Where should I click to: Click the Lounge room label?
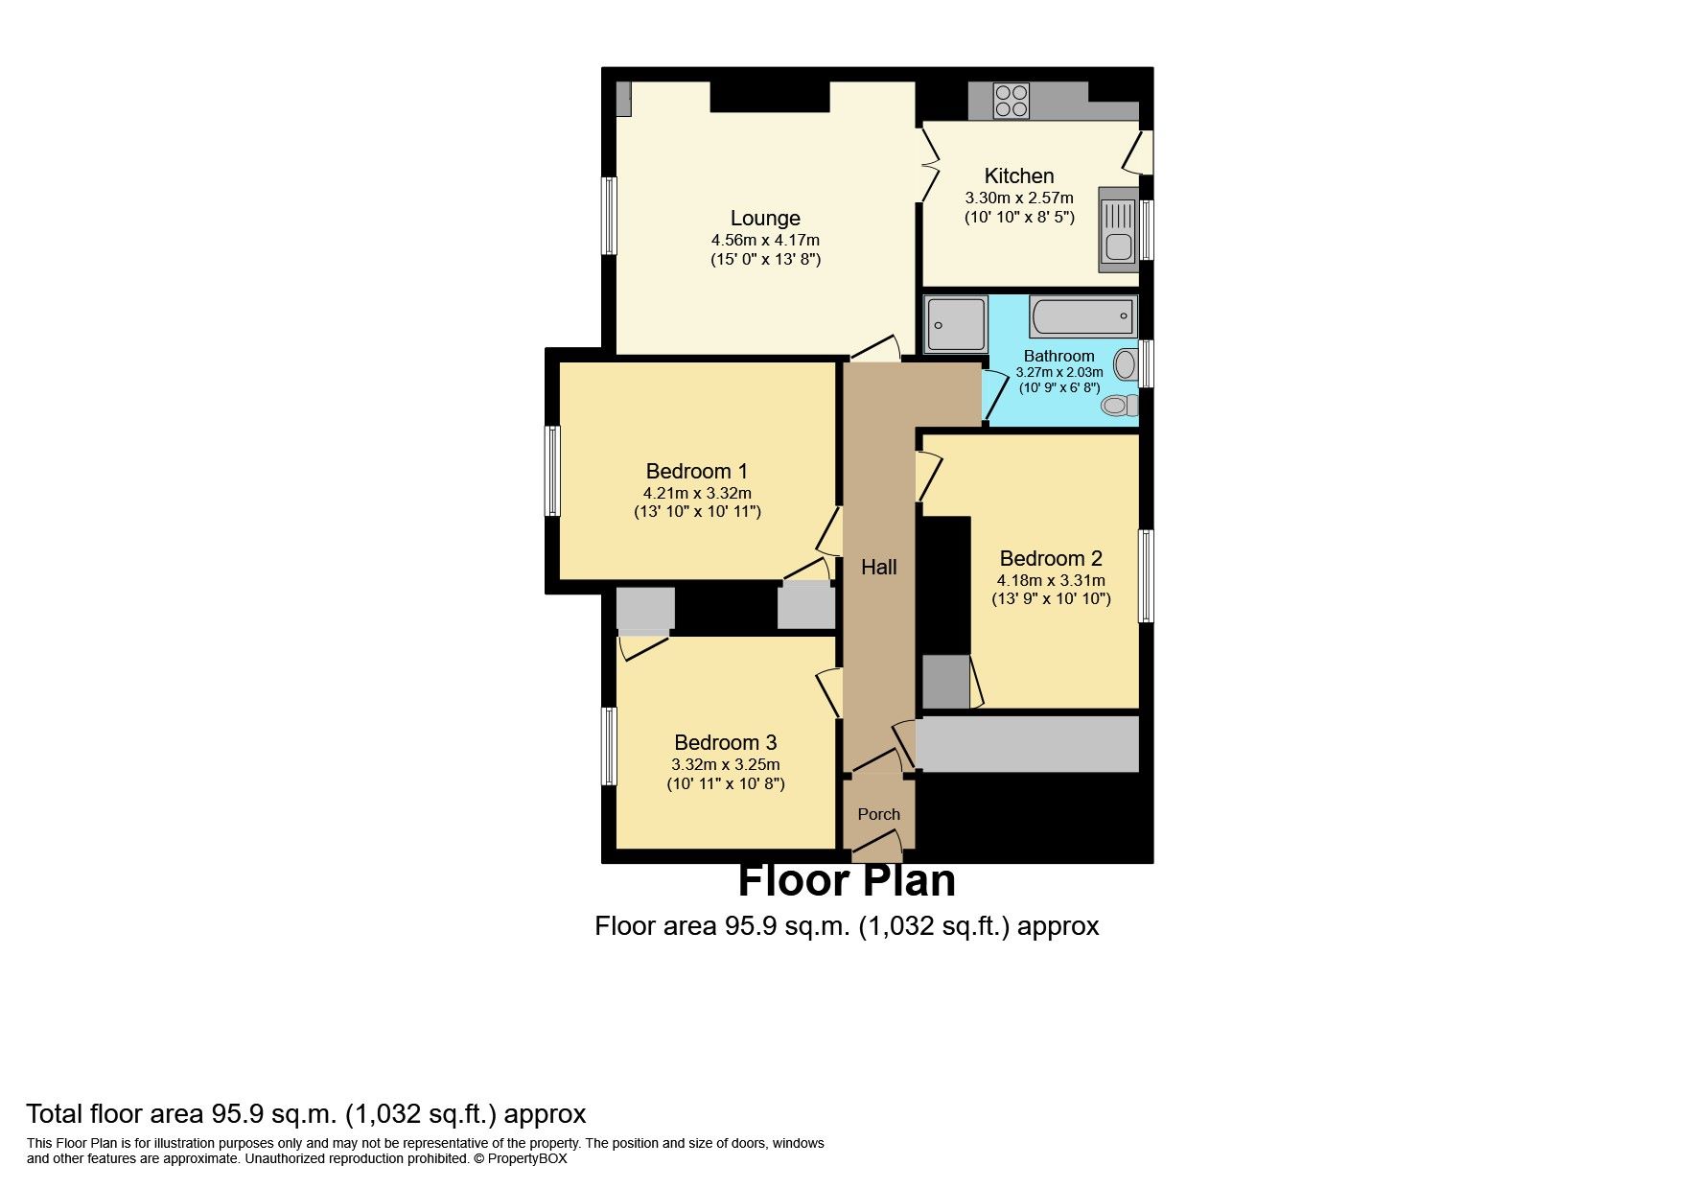[765, 219]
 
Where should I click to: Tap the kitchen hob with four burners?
[1011, 101]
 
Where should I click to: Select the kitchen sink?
[1118, 230]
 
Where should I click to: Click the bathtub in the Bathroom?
[1082, 316]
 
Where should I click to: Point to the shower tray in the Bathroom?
[956, 324]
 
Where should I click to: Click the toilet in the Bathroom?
[1120, 406]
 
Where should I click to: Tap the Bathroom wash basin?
[1127, 364]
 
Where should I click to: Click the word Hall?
[878, 567]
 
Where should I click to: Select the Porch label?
[878, 814]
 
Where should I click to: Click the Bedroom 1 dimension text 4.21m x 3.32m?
[697, 493]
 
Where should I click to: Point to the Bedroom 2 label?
[1051, 558]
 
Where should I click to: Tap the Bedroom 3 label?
[725, 742]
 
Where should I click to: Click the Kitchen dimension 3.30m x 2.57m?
[1019, 198]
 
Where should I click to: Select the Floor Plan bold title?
[847, 880]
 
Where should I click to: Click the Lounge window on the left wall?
[609, 216]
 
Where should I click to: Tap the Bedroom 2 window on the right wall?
[1146, 575]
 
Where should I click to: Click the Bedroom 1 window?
[552, 471]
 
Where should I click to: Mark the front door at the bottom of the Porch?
[877, 844]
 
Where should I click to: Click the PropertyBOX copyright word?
[527, 1158]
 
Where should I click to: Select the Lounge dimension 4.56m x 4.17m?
[765, 240]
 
